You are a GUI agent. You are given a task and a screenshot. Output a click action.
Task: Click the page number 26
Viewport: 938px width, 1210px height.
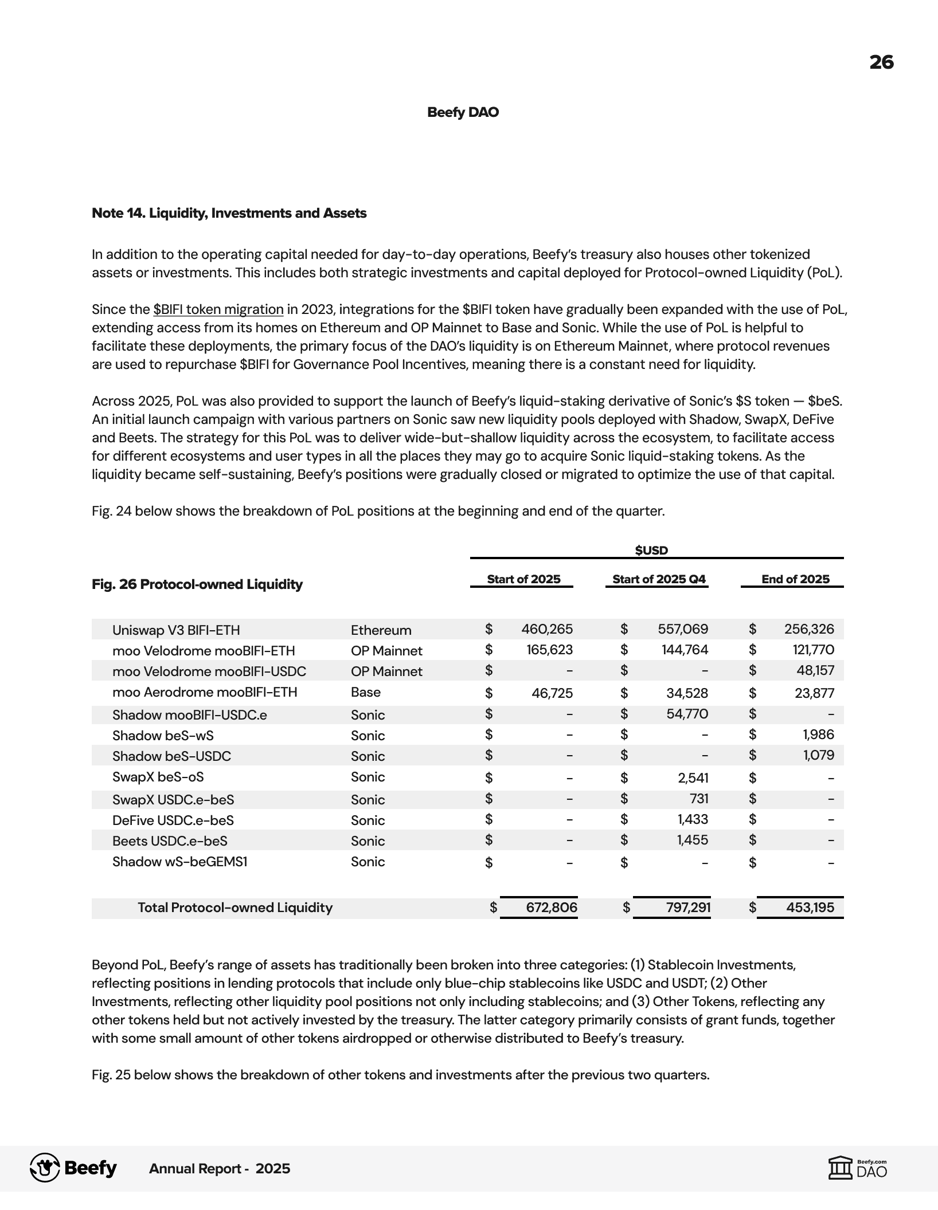coord(881,62)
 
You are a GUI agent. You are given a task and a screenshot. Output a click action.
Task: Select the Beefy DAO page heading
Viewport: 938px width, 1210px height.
coord(463,112)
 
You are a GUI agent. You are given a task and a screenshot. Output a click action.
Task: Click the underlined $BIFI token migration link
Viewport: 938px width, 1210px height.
coord(218,310)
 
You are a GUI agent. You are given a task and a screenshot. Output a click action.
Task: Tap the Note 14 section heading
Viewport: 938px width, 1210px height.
coord(229,213)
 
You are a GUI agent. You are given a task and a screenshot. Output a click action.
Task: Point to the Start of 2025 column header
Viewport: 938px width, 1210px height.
coord(523,579)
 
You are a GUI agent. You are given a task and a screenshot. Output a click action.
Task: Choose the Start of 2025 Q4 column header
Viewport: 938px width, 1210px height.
coord(659,579)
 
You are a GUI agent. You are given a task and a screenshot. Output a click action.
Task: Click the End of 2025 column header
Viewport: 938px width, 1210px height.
coord(795,579)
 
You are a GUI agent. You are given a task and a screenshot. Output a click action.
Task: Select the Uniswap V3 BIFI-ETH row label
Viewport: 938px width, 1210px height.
coord(176,630)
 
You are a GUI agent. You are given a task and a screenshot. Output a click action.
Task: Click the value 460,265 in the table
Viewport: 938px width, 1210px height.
coord(546,629)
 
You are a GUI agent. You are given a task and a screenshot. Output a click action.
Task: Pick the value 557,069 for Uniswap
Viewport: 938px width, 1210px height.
coord(682,629)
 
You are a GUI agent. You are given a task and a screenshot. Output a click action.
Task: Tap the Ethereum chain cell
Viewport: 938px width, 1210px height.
coord(381,630)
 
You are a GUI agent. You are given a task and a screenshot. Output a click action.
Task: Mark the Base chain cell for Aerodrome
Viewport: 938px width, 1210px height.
coord(365,692)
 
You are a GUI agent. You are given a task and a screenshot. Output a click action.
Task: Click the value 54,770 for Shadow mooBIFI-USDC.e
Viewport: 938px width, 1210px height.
coord(687,714)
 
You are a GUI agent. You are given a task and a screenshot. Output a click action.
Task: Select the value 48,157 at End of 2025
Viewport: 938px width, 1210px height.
coord(815,670)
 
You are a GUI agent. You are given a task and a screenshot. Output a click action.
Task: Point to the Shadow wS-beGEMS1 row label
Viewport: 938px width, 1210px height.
coord(179,862)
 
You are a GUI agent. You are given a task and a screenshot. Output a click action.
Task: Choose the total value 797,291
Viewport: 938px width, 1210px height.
coord(688,907)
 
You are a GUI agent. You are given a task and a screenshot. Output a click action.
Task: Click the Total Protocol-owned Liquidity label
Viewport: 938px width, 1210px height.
coord(234,907)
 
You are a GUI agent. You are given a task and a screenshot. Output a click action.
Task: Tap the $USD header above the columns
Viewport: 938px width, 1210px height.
coord(651,551)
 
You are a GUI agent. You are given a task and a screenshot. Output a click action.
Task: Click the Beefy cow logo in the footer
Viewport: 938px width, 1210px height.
coord(45,1168)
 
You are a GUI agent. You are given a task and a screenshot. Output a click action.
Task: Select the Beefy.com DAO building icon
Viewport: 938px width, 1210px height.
coord(841,1168)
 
